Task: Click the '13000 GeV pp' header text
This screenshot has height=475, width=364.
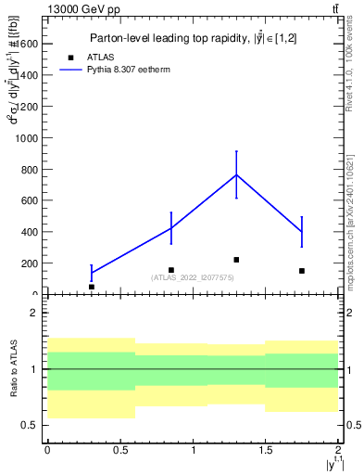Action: pyautogui.click(x=83, y=9)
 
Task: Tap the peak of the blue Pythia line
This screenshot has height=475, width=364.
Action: pyautogui.click(x=236, y=174)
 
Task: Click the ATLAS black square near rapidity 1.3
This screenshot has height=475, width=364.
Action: pyautogui.click(x=236, y=260)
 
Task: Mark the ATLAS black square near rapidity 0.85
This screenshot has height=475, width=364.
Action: pyautogui.click(x=170, y=270)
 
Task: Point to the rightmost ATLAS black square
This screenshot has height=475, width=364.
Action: pyautogui.click(x=302, y=271)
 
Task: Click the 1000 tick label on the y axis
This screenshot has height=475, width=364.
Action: pyautogui.click(x=26, y=137)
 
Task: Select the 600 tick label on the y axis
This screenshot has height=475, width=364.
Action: pyautogui.click(x=29, y=200)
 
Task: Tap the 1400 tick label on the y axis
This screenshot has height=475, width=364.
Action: pyautogui.click(x=26, y=75)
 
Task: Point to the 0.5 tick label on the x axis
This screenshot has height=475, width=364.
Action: pyautogui.click(x=119, y=450)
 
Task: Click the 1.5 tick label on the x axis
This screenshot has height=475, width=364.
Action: pyautogui.click(x=266, y=450)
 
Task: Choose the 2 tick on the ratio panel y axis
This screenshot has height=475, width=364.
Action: pyautogui.click(x=34, y=313)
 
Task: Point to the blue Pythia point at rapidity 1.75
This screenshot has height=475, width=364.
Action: pyautogui.click(x=302, y=231)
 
